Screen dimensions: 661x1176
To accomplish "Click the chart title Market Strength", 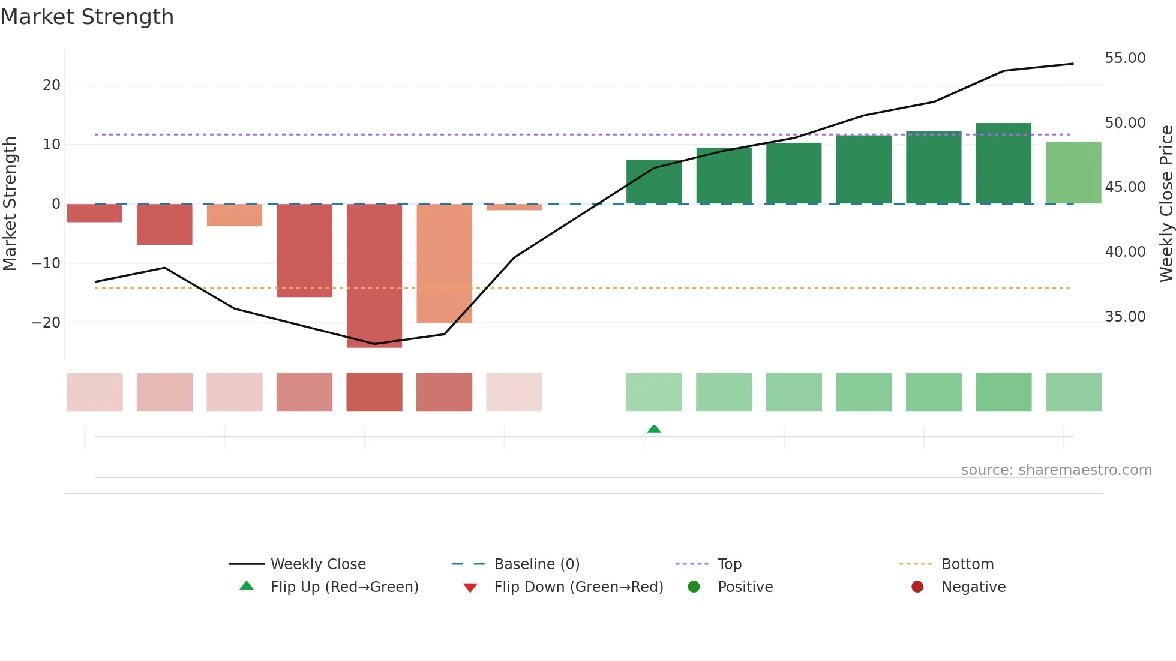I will click(x=87, y=17).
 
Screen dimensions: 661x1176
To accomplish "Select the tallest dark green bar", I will click(x=1003, y=163).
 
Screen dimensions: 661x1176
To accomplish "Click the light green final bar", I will click(x=1073, y=173).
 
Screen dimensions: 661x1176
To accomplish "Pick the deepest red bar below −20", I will click(x=374, y=276).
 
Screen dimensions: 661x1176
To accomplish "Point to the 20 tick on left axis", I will click(x=52, y=85).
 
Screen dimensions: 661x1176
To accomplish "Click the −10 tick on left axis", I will click(x=46, y=263).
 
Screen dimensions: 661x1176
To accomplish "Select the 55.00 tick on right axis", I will click(x=1125, y=58).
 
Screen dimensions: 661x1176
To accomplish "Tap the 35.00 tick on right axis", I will click(x=1125, y=317).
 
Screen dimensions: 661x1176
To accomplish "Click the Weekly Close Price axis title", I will click(x=1166, y=204).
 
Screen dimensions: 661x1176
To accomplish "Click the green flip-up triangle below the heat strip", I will click(x=654, y=429).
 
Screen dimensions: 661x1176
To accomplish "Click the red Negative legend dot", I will click(x=917, y=587).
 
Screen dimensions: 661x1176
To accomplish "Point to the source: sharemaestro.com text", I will click(x=1056, y=470).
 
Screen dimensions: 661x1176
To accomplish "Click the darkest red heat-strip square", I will click(x=374, y=392).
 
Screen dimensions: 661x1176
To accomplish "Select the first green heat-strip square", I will click(x=654, y=392).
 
